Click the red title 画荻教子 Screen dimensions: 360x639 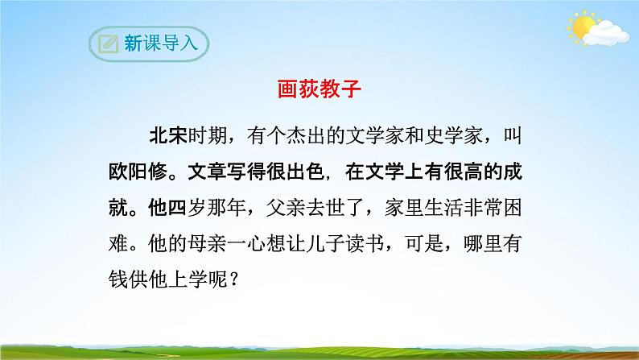319,92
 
